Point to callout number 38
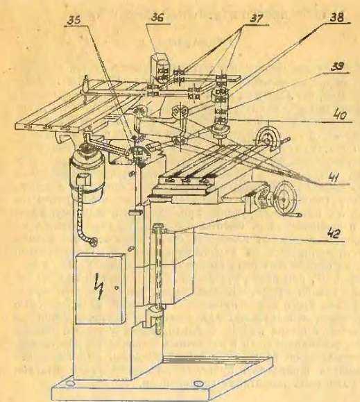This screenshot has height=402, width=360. point(336,17)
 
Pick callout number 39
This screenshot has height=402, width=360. point(338,67)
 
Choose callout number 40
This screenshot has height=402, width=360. point(340,115)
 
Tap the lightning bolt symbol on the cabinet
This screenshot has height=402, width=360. point(100,286)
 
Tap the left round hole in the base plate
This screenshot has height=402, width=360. point(69,383)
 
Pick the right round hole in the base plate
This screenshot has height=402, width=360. point(198,384)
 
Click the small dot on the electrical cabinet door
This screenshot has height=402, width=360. point(117,288)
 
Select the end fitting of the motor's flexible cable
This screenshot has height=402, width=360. point(93,242)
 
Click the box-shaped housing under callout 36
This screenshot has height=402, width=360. point(160,69)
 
